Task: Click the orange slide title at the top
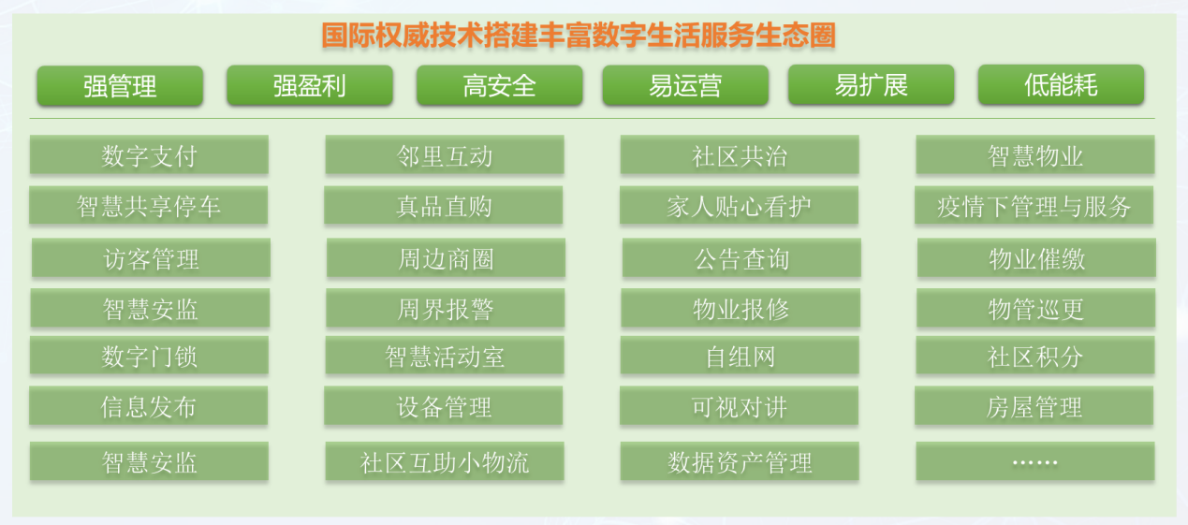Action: pos(579,36)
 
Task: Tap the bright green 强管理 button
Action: pos(120,85)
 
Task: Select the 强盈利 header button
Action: pos(310,85)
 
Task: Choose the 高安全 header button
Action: pos(500,85)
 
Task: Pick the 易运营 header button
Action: pos(685,85)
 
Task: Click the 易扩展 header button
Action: pos(872,85)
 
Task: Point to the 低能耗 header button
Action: pos(1061,85)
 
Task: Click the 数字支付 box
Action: pos(149,154)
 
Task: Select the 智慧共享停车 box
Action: pos(149,205)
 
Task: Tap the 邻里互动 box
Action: pos(445,154)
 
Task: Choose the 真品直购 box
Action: pos(444,205)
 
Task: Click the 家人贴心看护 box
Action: pos(739,205)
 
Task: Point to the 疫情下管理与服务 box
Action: pos(1034,205)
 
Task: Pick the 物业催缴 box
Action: pos(1037,257)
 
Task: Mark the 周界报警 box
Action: pos(446,308)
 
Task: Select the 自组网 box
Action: pos(740,356)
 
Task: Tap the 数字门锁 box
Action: pos(149,356)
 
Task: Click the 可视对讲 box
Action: pos(739,406)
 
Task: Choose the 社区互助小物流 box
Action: pos(445,461)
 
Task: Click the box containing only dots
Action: pos(1035,461)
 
